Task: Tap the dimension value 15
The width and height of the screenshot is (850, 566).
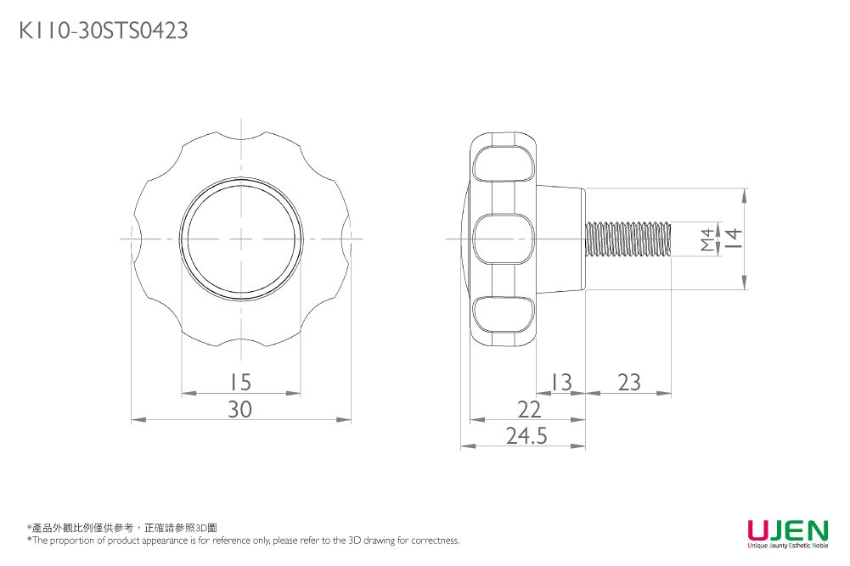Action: [x=240, y=383]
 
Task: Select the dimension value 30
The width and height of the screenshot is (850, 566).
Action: [x=240, y=410]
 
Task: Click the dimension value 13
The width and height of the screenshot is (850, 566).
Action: [x=560, y=383]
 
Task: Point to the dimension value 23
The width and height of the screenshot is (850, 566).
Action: [x=629, y=383]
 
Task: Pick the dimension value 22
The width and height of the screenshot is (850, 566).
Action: [x=529, y=410]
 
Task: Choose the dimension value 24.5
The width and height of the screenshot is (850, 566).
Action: [x=526, y=436]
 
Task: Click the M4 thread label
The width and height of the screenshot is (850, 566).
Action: [x=708, y=239]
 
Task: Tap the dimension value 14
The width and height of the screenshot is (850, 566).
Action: [x=733, y=238]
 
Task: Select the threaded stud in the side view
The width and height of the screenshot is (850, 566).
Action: [x=628, y=238]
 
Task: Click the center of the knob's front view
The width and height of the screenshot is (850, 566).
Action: [x=241, y=238]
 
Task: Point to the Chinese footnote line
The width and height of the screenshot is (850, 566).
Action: [x=122, y=528]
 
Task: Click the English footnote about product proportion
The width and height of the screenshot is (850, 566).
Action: [x=243, y=541]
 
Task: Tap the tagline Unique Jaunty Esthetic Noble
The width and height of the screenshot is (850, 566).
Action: [x=787, y=546]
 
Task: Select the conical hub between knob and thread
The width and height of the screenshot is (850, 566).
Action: [x=560, y=238]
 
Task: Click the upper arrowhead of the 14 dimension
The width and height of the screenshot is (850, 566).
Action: [x=745, y=196]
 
